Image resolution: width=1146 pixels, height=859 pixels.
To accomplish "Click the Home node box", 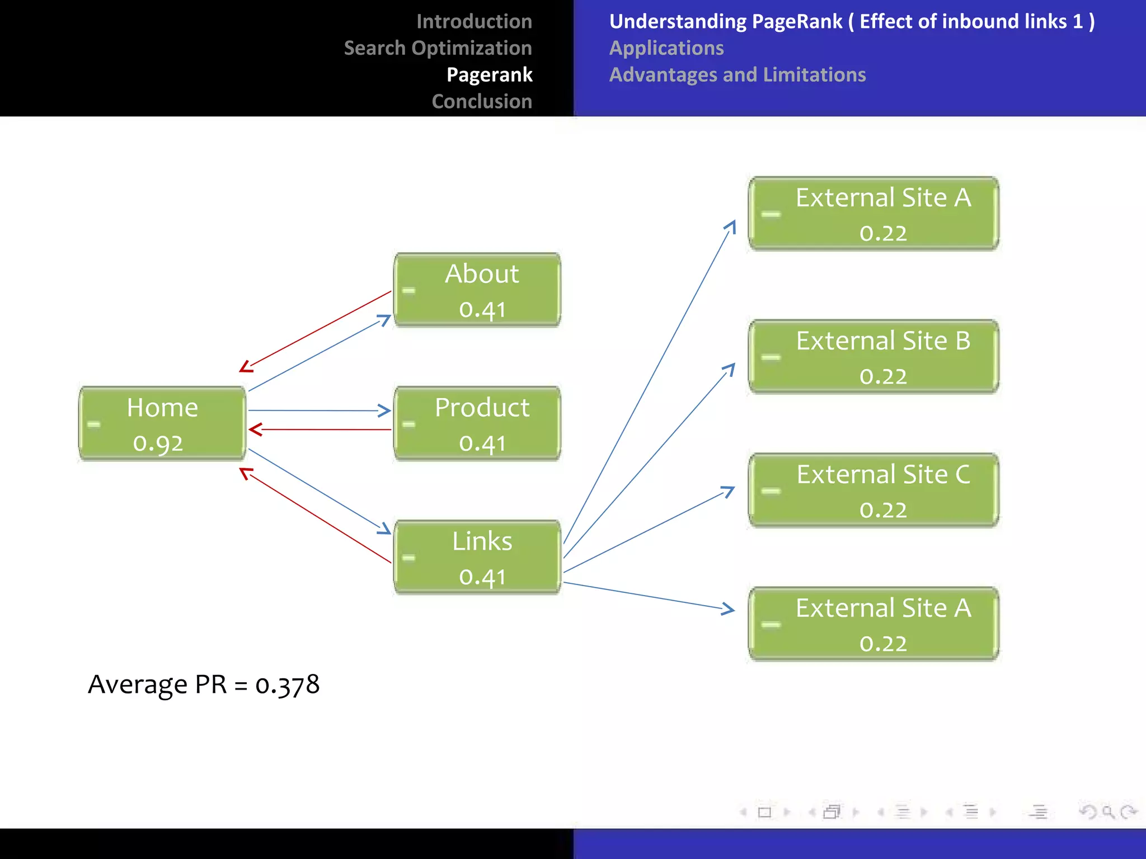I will click(x=162, y=423).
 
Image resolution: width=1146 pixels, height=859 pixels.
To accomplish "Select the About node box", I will click(x=477, y=290).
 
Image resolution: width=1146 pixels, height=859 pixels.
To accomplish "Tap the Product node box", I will click(x=477, y=423).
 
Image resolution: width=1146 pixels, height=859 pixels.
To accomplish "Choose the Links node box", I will click(x=477, y=557).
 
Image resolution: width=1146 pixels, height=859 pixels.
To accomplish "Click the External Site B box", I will click(x=873, y=357).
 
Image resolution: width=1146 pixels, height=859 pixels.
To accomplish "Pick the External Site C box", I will click(x=873, y=490).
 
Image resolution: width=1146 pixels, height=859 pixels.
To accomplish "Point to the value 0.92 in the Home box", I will click(x=158, y=443).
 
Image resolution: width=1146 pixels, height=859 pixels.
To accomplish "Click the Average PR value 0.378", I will click(x=287, y=685).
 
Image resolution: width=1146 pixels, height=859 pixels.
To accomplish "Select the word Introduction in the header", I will click(x=474, y=21).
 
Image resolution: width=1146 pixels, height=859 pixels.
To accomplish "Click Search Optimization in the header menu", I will click(x=438, y=48).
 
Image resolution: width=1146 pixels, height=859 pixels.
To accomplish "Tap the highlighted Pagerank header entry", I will click(x=489, y=75).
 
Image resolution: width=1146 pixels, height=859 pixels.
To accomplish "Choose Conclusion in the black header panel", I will click(x=482, y=102).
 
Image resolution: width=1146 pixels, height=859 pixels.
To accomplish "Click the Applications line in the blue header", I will click(x=666, y=48).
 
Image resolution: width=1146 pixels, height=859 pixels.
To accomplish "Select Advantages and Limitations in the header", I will click(x=738, y=75).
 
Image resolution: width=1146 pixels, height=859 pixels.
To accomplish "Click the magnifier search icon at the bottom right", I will click(x=1107, y=811).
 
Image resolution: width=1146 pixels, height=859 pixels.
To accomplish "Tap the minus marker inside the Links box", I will click(x=409, y=558).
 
